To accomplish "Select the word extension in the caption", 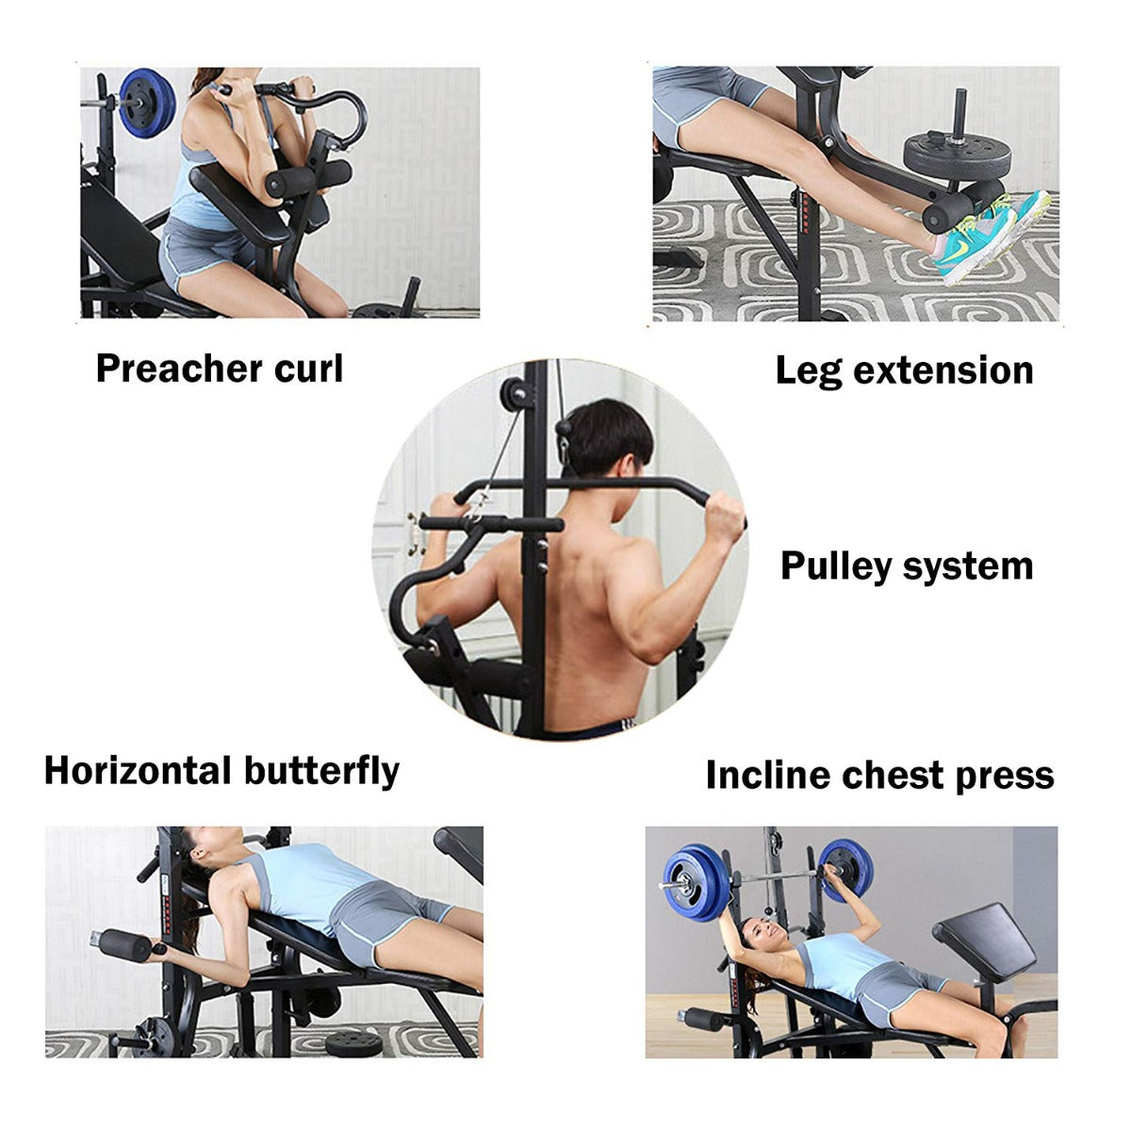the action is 943,371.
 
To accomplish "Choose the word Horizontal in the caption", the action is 138,770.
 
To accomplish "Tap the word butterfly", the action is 321,771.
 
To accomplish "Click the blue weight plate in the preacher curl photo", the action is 147,104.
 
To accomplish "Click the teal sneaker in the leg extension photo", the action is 992,237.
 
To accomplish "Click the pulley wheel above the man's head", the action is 514,393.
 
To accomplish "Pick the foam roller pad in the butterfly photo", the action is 125,945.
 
